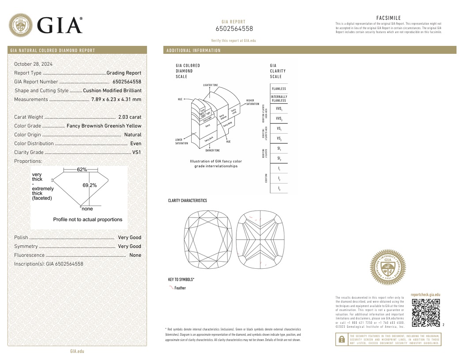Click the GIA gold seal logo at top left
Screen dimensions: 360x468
tap(21, 25)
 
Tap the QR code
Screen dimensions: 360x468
tap(426, 313)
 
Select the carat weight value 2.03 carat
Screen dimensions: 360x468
tap(130, 117)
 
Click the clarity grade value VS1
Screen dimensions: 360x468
tap(137, 152)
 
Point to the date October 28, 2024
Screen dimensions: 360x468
tap(33, 64)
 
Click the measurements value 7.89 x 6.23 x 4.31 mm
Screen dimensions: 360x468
tap(116, 99)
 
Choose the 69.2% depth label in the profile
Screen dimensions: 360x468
tap(90, 185)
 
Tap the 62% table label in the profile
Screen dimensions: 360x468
tap(82, 169)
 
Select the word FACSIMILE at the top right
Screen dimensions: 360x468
tap(389, 18)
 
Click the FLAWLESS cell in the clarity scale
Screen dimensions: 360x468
tap(279, 89)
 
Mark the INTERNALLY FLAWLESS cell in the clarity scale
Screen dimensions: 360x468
tap(279, 98)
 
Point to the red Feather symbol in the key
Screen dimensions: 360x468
tap(171, 287)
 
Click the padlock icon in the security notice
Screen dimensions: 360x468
tap(341, 339)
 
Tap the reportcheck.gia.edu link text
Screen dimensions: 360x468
tap(425, 294)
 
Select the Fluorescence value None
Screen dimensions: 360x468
tap(136, 255)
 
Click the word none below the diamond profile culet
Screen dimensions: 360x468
tap(87, 209)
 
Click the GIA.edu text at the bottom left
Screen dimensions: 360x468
tap(77, 351)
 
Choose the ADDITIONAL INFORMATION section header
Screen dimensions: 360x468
tap(193, 50)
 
